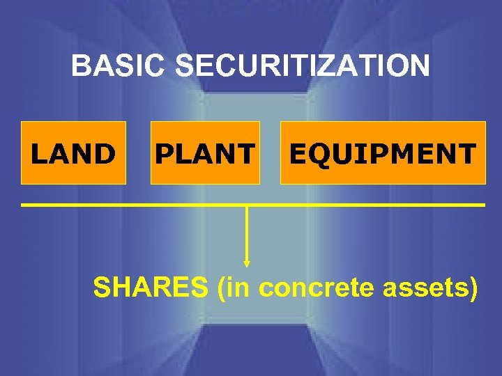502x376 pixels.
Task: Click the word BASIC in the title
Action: (119, 67)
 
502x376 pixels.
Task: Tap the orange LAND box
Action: (73, 153)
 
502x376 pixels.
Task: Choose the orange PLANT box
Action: (205, 153)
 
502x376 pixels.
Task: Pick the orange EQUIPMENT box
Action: (383, 153)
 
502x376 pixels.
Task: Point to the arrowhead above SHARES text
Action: (247, 263)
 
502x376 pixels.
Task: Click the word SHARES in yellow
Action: (151, 287)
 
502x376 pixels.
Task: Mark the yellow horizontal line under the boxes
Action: (252, 205)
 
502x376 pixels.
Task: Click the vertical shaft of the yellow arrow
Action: (247, 233)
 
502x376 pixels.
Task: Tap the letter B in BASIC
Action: (81, 67)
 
